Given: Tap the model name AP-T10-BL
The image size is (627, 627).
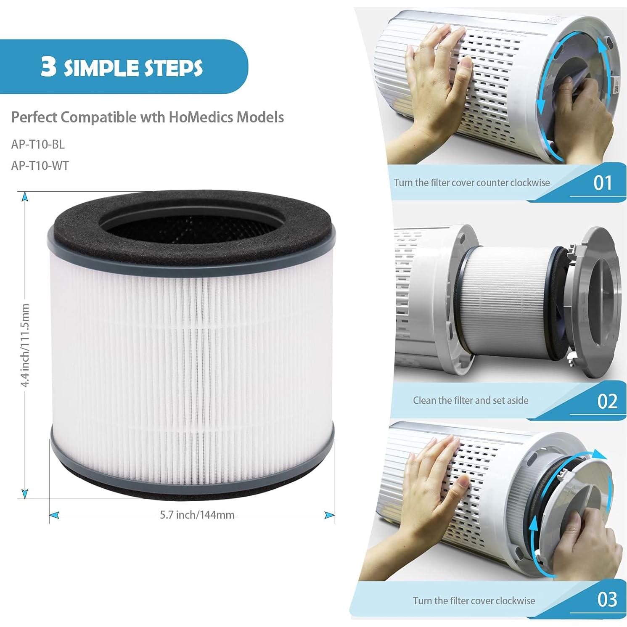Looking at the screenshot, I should point(38,144).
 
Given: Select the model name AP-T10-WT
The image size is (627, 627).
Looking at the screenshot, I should point(40,166).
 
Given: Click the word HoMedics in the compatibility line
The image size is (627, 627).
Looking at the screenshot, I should point(201,117).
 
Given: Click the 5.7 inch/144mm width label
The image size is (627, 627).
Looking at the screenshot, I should point(197,514).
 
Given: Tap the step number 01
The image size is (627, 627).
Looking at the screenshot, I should point(602,183).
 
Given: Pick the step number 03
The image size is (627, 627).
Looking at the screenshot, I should point(607,599).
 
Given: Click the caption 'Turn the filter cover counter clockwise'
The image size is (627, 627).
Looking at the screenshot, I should point(471,183).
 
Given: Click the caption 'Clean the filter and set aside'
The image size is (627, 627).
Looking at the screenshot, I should point(470,400).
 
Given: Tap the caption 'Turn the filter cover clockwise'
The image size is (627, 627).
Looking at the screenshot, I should point(474,600).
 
